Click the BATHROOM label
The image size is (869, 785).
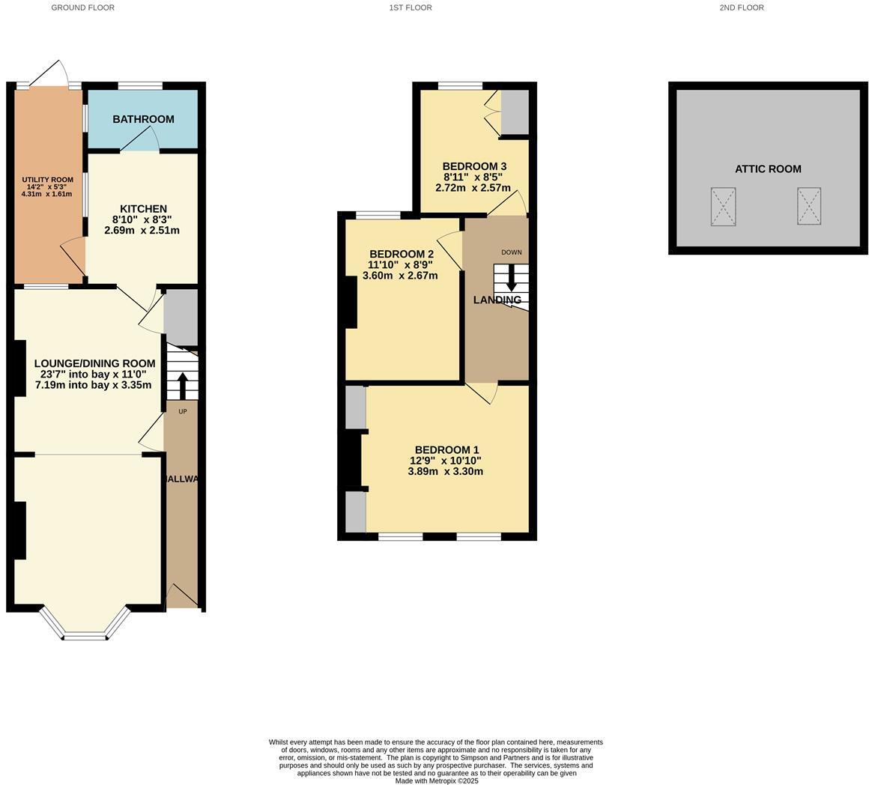[143, 119]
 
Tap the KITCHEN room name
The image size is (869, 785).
[143, 209]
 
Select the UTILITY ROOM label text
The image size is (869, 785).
[47, 180]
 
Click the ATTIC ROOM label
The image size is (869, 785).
[768, 169]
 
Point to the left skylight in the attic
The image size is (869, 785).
[723, 207]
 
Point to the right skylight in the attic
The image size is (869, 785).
[809, 207]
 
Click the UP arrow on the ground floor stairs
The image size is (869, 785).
[183, 386]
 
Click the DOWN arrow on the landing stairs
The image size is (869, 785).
[512, 279]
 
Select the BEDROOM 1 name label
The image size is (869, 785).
[446, 450]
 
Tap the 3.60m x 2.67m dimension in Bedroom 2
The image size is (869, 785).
[400, 276]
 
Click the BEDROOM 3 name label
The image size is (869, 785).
[474, 166]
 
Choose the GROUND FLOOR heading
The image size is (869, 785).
[82, 7]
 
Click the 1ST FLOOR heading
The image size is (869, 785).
[411, 7]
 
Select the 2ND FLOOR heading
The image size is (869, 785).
[742, 7]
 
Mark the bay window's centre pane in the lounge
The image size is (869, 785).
[86, 637]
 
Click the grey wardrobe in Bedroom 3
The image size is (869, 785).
[515, 112]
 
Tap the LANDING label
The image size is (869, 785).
[497, 300]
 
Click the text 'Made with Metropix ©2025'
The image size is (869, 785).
[437, 781]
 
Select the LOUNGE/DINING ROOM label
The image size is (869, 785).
[94, 364]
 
